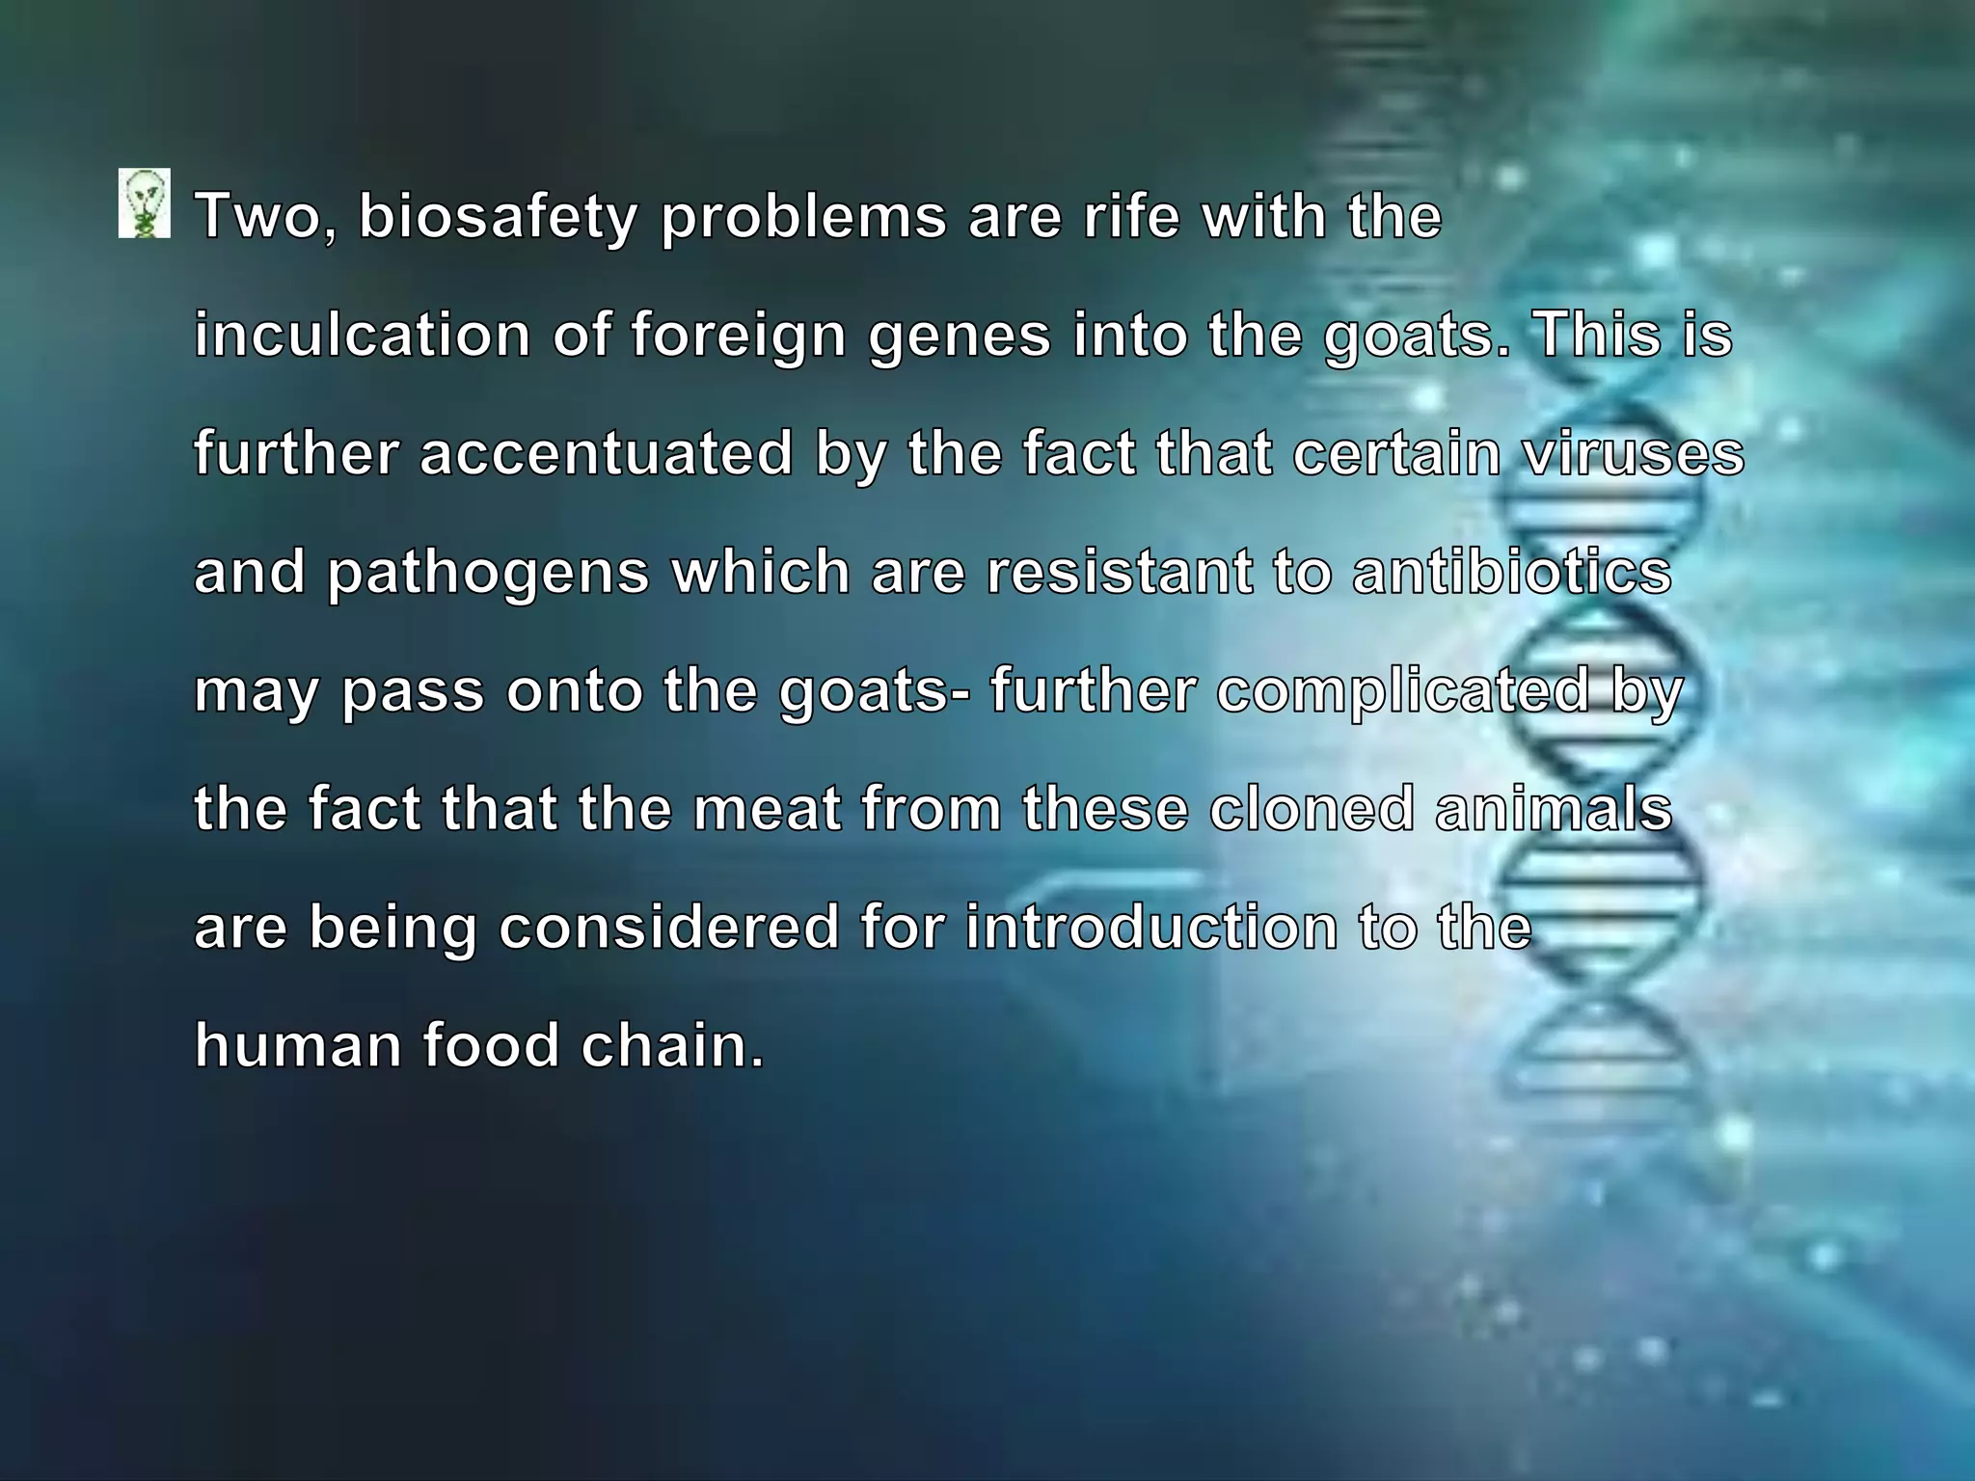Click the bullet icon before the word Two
(x=145, y=203)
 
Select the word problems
(x=803, y=216)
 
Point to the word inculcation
(x=363, y=335)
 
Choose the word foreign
(x=739, y=337)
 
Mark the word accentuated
(x=607, y=453)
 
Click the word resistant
(x=1120, y=572)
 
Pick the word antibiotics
(x=1511, y=572)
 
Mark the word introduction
(x=1151, y=928)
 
